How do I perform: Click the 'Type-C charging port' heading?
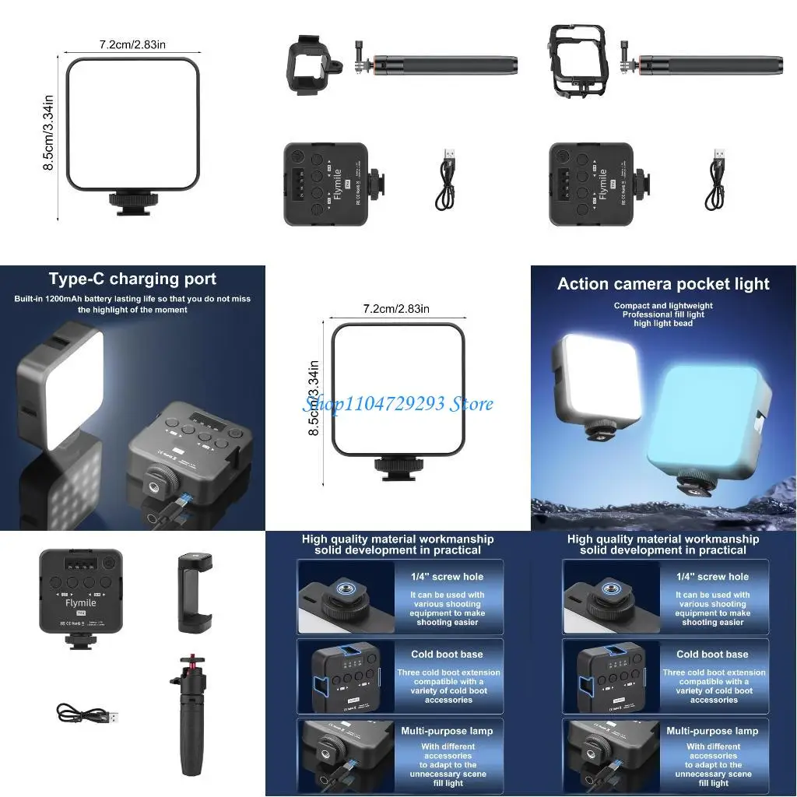(132, 279)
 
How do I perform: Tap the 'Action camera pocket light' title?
(663, 284)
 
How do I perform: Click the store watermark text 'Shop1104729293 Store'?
(398, 403)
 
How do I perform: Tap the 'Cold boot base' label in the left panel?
(447, 655)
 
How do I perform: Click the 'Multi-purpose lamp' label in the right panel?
(712, 731)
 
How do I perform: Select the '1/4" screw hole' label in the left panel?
(447, 577)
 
